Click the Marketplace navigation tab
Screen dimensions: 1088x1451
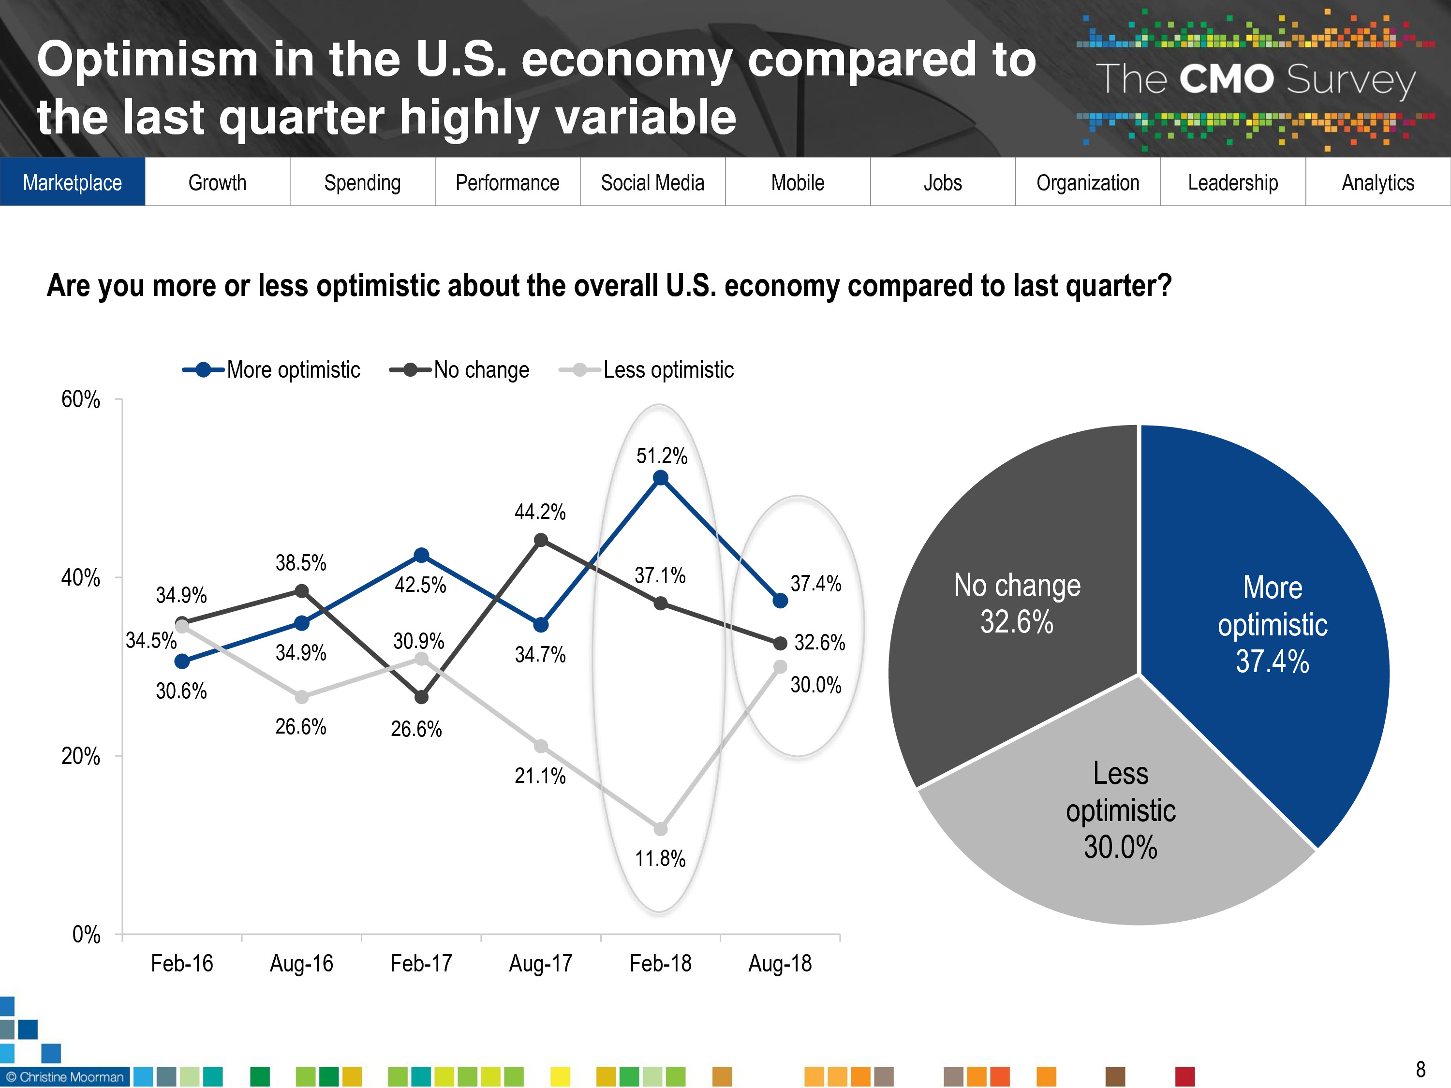(x=72, y=182)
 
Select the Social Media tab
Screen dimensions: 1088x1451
(x=652, y=182)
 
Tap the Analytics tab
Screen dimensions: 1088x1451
(x=1377, y=182)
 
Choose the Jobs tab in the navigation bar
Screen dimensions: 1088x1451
(x=943, y=182)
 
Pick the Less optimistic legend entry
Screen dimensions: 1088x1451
(x=647, y=370)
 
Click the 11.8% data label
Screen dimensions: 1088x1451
(x=660, y=858)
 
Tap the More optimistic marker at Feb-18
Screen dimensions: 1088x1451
(x=661, y=478)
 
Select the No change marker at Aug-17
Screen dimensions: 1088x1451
(x=541, y=541)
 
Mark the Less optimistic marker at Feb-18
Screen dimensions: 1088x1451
(x=661, y=829)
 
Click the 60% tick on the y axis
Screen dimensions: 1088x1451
(x=81, y=399)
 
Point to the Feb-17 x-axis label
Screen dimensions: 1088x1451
(x=421, y=963)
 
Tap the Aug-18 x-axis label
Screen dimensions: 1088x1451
(x=780, y=963)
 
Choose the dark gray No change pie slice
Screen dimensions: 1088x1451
(x=1017, y=603)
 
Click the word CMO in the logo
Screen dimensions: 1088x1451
(x=1226, y=79)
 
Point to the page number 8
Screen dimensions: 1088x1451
(x=1420, y=1070)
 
